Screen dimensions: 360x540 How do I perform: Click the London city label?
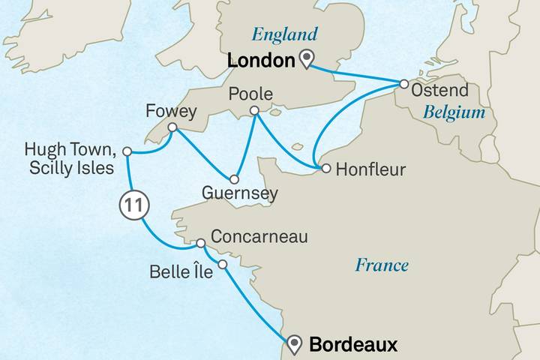[254, 61]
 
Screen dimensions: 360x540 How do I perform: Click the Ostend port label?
[441, 90]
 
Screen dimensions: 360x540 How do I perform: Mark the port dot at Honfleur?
[326, 169]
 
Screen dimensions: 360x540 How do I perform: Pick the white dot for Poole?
[254, 111]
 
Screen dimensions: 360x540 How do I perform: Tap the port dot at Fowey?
[172, 128]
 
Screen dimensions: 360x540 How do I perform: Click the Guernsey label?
[241, 193]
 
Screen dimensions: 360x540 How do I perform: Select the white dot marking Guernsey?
[235, 180]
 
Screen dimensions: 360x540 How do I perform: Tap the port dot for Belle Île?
[222, 264]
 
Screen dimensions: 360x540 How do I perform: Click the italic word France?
[382, 265]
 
